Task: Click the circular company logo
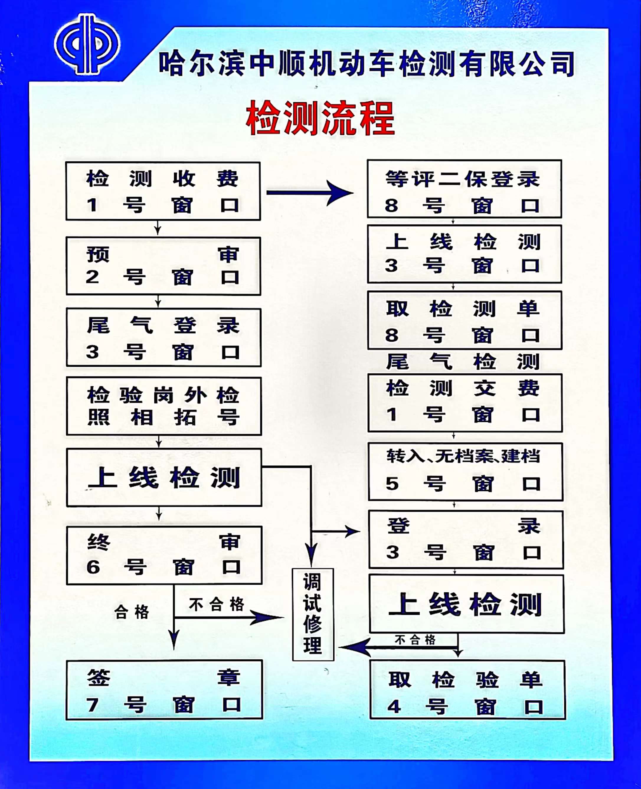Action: (87, 44)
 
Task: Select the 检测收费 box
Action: (163, 191)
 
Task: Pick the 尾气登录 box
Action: (163, 338)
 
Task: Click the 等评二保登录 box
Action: (465, 189)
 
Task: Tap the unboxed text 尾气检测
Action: (463, 362)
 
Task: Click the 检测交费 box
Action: (465, 403)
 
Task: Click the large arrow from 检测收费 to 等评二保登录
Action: (310, 193)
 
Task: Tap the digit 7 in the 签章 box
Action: (92, 705)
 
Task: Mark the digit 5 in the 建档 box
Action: (392, 483)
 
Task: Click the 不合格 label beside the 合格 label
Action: (216, 605)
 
